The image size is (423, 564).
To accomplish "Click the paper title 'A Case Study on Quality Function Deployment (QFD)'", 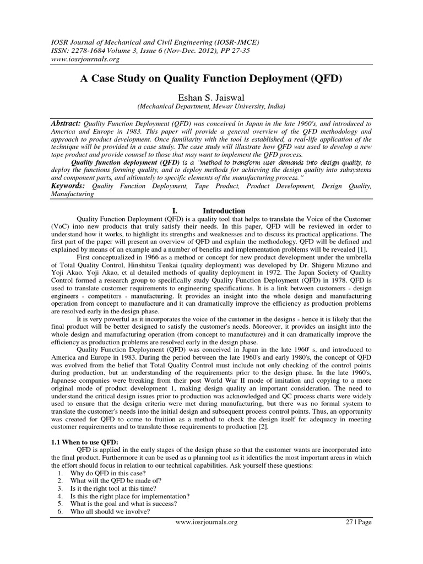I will [x=211, y=78].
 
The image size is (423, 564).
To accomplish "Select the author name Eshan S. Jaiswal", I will [x=211, y=97].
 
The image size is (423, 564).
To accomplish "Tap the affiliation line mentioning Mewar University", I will [x=211, y=106].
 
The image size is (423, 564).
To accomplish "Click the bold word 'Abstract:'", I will [x=66, y=124].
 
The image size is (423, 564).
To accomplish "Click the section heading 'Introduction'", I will [x=224, y=210].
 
